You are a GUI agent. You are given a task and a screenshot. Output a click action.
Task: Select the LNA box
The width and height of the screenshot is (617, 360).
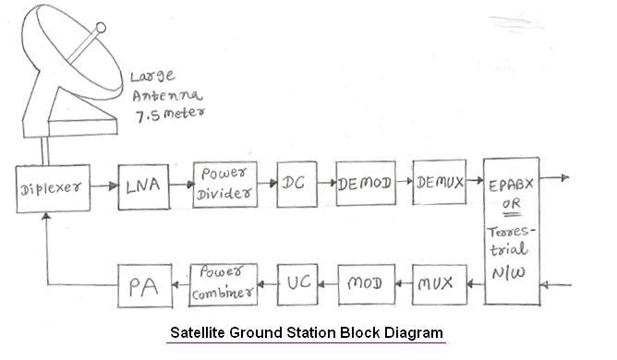point(142,185)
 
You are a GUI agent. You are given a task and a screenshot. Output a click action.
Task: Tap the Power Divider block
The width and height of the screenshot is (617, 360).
point(222,184)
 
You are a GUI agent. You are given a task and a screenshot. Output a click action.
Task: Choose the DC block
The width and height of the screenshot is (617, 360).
point(295,185)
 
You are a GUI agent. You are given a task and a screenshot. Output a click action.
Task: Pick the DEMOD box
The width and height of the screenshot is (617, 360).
point(366,185)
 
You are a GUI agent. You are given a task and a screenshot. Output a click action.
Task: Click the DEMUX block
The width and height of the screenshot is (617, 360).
point(440,183)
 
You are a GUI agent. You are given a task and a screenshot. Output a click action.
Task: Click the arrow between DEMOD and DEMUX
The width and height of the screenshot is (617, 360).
point(404,185)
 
